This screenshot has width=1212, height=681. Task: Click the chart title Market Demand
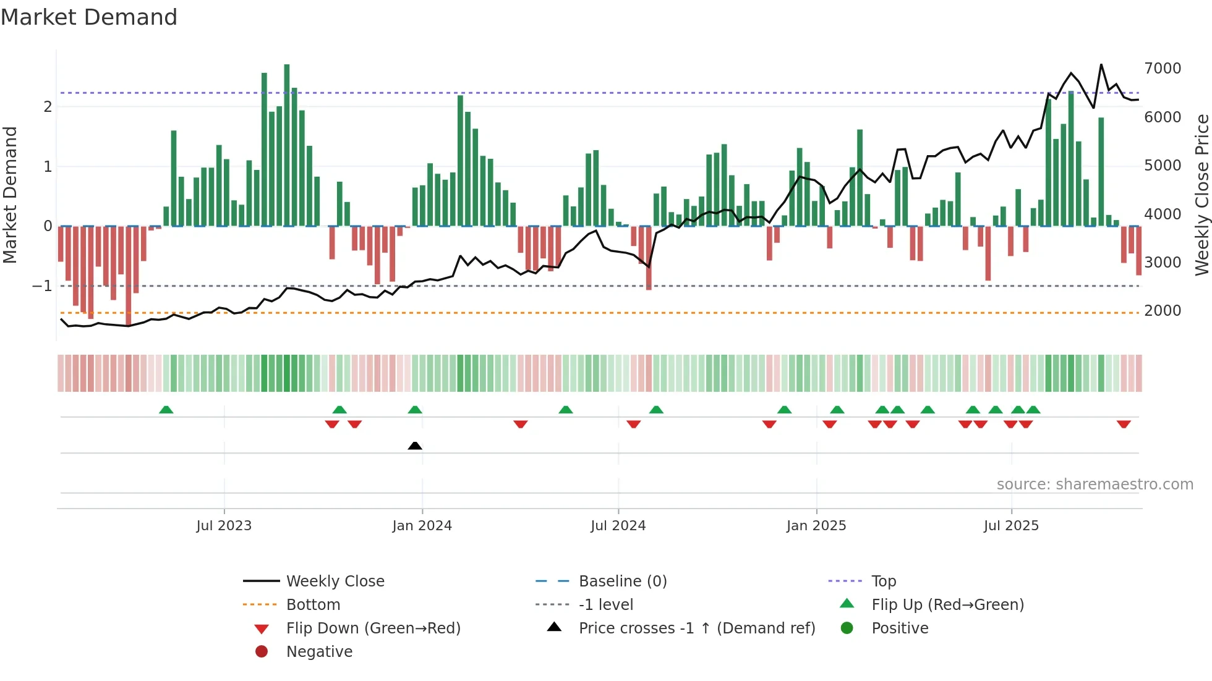[x=89, y=17]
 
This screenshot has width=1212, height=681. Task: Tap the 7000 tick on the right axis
[x=1163, y=69]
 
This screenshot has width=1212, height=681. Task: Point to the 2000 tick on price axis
[x=1163, y=311]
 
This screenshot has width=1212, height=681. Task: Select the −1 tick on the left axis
[x=43, y=286]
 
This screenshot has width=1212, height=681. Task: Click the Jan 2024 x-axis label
[x=422, y=526]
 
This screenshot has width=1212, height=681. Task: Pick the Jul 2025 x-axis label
[x=1011, y=526]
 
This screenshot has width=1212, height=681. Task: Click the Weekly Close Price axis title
[x=1201, y=195]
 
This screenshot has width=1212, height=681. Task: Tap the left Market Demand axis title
[x=10, y=195]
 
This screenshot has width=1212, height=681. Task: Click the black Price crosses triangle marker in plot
[x=415, y=446]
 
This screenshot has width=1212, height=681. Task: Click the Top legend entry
[x=883, y=582]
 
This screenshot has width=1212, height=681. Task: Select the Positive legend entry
[x=900, y=628]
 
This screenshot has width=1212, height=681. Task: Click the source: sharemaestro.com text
[x=1095, y=484]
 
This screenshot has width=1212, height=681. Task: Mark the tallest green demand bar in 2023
[x=287, y=145]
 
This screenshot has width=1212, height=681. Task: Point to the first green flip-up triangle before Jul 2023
[x=166, y=410]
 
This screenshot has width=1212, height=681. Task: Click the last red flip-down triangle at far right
[x=1124, y=424]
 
